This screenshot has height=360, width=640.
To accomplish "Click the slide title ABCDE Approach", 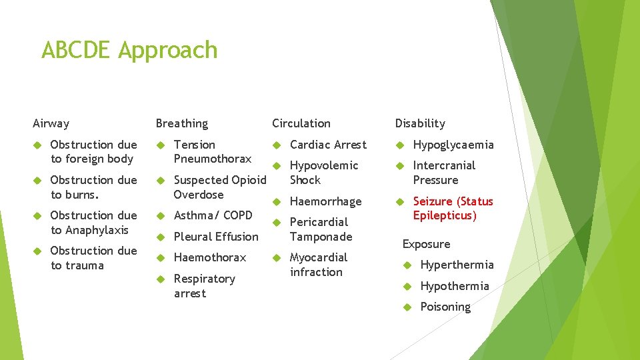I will click(129, 50).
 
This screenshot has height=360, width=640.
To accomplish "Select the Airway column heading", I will click(51, 123).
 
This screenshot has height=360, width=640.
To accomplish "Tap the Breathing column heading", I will click(181, 123).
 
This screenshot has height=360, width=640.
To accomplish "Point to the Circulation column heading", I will click(301, 123).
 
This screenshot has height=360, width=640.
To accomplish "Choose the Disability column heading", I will click(419, 123).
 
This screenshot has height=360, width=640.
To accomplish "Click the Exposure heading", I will click(426, 244).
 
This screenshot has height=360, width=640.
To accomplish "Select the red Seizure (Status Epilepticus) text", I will click(453, 208).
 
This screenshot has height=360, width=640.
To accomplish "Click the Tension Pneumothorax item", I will click(212, 151).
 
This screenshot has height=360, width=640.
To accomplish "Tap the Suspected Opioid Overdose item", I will click(219, 187).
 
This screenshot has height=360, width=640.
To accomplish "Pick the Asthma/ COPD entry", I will click(213, 215).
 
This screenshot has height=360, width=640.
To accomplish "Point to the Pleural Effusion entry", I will click(215, 237).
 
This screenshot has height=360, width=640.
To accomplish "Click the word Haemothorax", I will click(209, 257).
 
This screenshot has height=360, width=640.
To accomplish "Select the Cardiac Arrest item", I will click(328, 145).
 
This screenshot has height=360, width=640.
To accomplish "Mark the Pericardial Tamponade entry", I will click(321, 229).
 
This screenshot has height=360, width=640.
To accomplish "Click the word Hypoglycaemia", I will click(453, 145).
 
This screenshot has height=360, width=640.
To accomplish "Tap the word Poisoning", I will click(445, 307).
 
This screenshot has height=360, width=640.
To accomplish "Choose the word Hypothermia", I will click(454, 286).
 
